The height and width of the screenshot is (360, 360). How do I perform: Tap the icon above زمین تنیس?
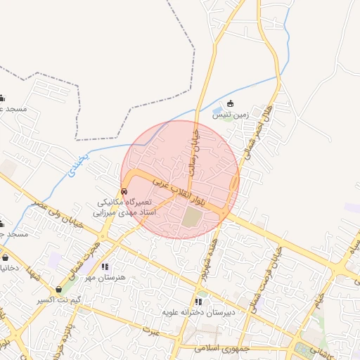pos(231,104)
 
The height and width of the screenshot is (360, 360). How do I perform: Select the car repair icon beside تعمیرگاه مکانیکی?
pos(124,191)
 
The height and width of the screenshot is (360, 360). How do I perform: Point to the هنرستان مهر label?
pos(105,277)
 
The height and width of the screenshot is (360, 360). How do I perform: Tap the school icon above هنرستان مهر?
pos(105,266)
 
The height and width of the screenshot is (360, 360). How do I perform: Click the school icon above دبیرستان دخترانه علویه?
pos(198,302)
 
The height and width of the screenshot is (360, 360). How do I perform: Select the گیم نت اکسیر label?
pos(59,300)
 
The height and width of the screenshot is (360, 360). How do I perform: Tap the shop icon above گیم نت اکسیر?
pos(59,289)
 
